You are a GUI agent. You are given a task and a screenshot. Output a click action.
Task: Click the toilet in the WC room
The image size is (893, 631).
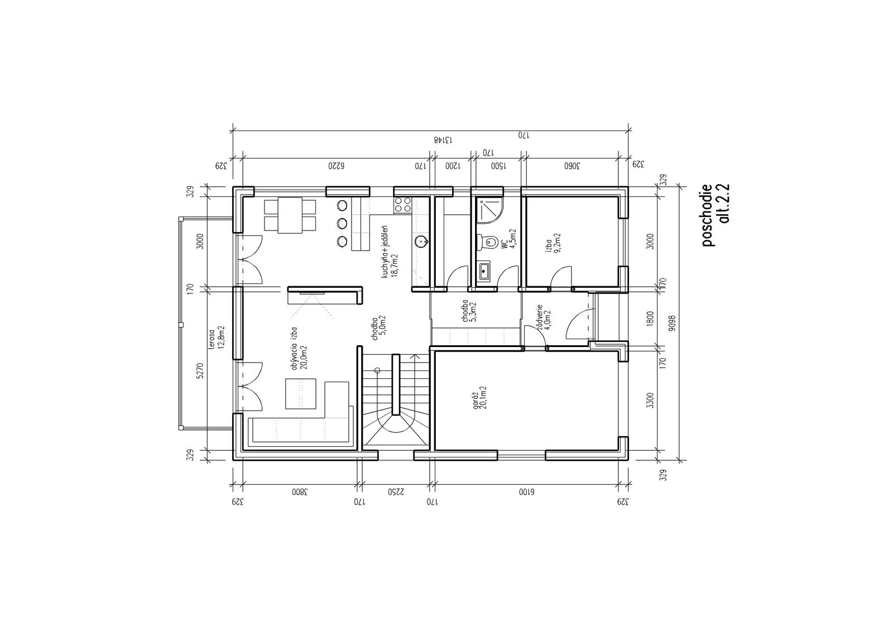point(487,242)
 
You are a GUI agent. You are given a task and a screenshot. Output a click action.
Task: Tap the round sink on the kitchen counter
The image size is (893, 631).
point(421,241)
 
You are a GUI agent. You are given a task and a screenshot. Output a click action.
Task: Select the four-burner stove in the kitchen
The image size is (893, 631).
point(402,205)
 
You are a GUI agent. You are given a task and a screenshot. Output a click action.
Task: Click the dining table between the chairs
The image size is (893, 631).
point(290,215)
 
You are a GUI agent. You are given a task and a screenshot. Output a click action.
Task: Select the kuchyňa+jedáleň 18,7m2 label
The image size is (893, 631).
point(390,253)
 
